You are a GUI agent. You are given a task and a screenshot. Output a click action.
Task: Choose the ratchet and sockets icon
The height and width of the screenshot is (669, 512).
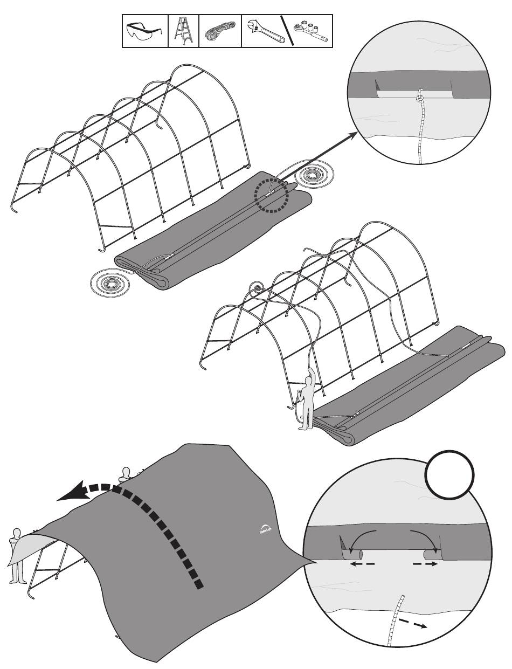pos(309,31)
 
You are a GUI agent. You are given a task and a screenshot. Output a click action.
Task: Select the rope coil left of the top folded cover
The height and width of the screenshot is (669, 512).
pos(113,282)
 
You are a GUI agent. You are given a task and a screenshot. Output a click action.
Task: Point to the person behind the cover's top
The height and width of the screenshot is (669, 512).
pos(126,474)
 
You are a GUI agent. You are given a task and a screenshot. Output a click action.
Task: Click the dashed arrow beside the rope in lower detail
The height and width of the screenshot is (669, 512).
pos(412,623)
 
